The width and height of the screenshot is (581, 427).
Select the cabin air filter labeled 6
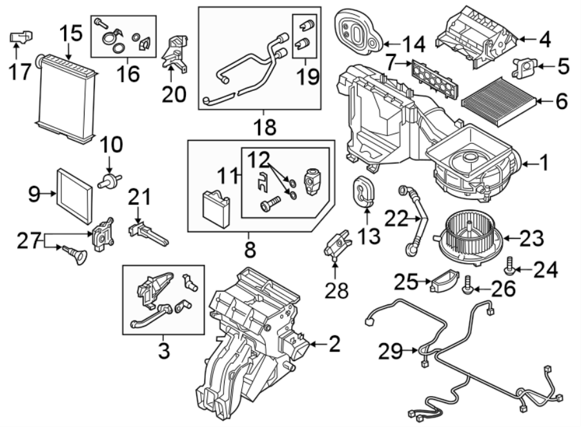tap(498, 101)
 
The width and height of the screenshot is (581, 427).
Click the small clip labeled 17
tap(19, 37)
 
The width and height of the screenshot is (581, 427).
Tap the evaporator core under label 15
tap(67, 96)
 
